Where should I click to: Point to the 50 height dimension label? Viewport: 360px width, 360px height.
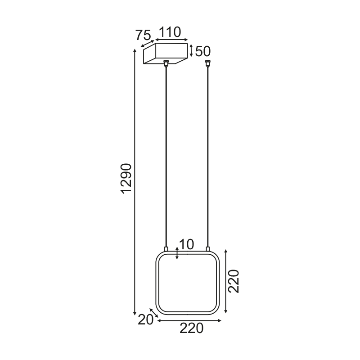click(x=203, y=51)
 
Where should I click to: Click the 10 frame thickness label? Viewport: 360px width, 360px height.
click(x=186, y=244)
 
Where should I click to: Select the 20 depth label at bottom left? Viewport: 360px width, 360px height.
click(x=146, y=319)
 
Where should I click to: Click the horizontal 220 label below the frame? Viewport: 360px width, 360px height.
click(x=192, y=328)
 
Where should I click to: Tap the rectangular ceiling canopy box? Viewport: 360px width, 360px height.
click(x=165, y=54)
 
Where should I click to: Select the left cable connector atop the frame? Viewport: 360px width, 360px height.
click(x=166, y=248)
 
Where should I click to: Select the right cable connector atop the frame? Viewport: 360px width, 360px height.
click(x=208, y=248)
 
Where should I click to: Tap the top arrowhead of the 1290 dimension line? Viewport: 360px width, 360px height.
click(x=135, y=50)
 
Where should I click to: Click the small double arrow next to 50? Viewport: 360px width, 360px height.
click(x=192, y=50)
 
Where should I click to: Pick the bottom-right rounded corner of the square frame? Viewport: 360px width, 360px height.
click(x=216, y=310)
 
